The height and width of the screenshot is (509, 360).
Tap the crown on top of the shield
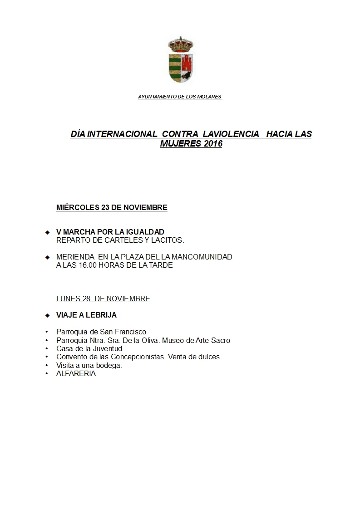(x=181, y=44)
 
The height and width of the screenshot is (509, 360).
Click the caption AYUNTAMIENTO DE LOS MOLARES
(x=180, y=97)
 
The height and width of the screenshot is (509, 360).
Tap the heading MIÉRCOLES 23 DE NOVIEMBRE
(x=112, y=208)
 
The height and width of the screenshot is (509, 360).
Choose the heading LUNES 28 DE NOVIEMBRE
(x=103, y=299)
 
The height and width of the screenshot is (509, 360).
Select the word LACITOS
(x=168, y=240)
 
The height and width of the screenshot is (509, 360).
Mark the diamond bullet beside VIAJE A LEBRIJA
(x=47, y=315)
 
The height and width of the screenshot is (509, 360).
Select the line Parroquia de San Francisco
(x=101, y=332)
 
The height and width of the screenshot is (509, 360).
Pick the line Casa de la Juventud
(x=89, y=349)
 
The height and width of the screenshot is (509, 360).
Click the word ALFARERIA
(x=76, y=374)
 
